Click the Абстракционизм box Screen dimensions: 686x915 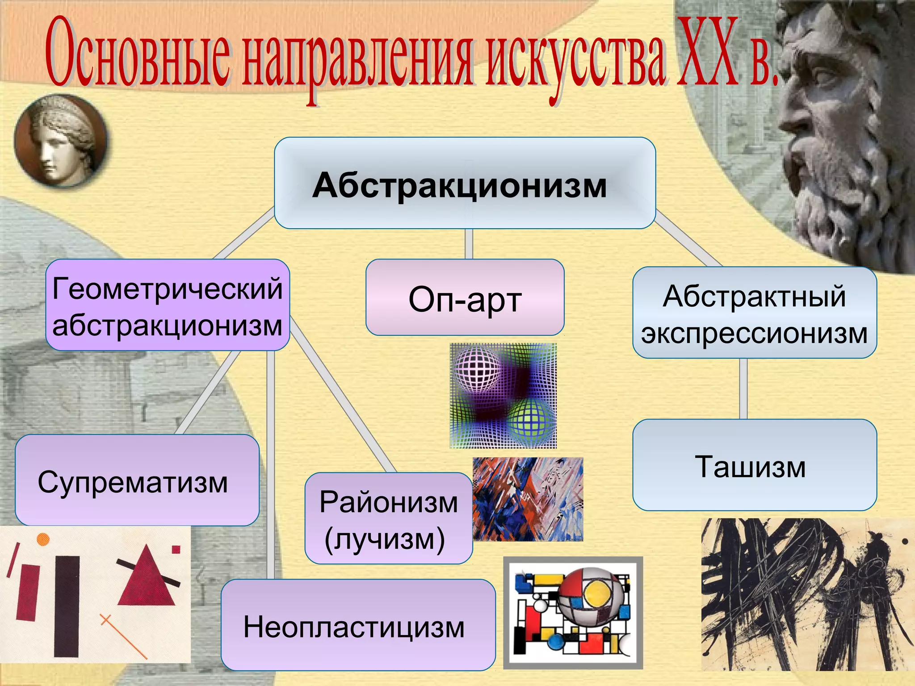465,184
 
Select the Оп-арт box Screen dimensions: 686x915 465,297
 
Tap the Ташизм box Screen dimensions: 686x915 754,465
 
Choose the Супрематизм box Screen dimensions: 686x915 137,480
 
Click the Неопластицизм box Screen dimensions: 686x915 358,625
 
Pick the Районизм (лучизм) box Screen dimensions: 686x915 388,518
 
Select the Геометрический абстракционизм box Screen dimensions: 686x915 168,305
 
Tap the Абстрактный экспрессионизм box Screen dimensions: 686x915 754,313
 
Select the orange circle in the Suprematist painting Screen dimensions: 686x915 42,539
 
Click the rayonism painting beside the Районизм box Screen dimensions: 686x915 528,499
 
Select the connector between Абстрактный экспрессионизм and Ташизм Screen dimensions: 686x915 743,388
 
